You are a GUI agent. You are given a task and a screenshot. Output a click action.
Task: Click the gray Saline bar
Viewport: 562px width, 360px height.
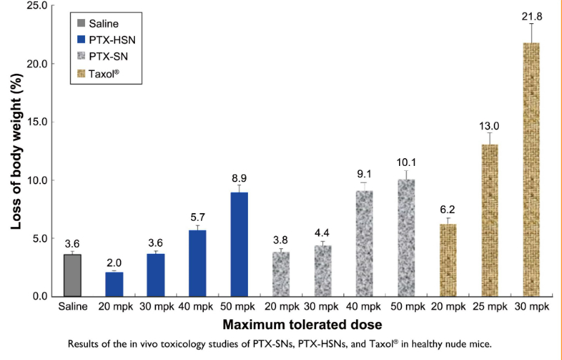click(x=72, y=275)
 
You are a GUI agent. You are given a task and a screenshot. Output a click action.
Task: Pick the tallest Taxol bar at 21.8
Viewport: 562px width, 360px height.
click(x=530, y=169)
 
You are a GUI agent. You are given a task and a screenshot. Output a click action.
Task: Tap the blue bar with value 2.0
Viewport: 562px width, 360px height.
click(x=115, y=284)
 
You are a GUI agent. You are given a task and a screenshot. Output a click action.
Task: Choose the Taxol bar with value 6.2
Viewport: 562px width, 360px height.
click(x=447, y=260)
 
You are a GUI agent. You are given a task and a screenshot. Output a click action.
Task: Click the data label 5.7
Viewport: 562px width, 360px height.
click(x=198, y=218)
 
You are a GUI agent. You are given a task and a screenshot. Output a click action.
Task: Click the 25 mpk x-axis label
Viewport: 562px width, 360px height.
click(x=489, y=307)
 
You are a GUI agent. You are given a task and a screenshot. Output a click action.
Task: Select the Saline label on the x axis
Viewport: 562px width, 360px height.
click(x=72, y=307)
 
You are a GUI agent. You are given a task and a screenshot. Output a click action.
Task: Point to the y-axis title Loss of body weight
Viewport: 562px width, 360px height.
click(x=15, y=151)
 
